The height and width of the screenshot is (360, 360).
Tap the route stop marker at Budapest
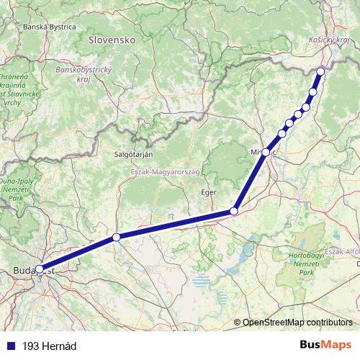click(x=39, y=270)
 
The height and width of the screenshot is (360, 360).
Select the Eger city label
click(x=209, y=192)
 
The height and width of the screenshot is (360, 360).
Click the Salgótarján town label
click(x=133, y=153)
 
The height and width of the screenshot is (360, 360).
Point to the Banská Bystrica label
click(x=50, y=27)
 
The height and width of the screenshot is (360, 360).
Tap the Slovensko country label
click(x=112, y=41)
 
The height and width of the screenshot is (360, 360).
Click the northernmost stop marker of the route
click(x=320, y=71)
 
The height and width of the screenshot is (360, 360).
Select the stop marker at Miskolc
click(x=266, y=152)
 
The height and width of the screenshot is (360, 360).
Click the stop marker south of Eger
click(x=233, y=211)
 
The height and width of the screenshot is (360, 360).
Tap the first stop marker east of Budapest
click(x=116, y=237)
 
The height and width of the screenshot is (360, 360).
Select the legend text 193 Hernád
click(x=49, y=346)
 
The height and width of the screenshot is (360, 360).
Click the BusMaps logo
click(x=325, y=346)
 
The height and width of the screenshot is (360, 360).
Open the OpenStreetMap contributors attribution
click(x=297, y=322)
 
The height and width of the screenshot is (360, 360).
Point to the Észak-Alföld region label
click(x=343, y=251)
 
